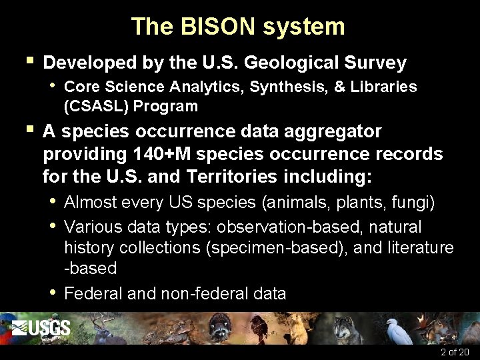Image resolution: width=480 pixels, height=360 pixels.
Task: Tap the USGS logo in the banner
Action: pos(41,327)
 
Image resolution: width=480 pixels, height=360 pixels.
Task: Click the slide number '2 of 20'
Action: pos(455,352)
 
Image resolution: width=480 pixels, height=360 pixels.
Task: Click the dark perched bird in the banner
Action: pos(257,327)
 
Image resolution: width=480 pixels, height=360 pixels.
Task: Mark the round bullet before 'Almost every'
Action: pos(52,201)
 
